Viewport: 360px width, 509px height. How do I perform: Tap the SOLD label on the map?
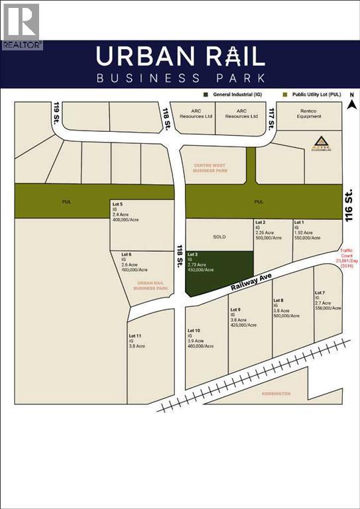219,236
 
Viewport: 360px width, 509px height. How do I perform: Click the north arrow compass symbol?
352,102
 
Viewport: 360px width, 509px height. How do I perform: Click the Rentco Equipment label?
308,113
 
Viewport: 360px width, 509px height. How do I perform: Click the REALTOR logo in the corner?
21,25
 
